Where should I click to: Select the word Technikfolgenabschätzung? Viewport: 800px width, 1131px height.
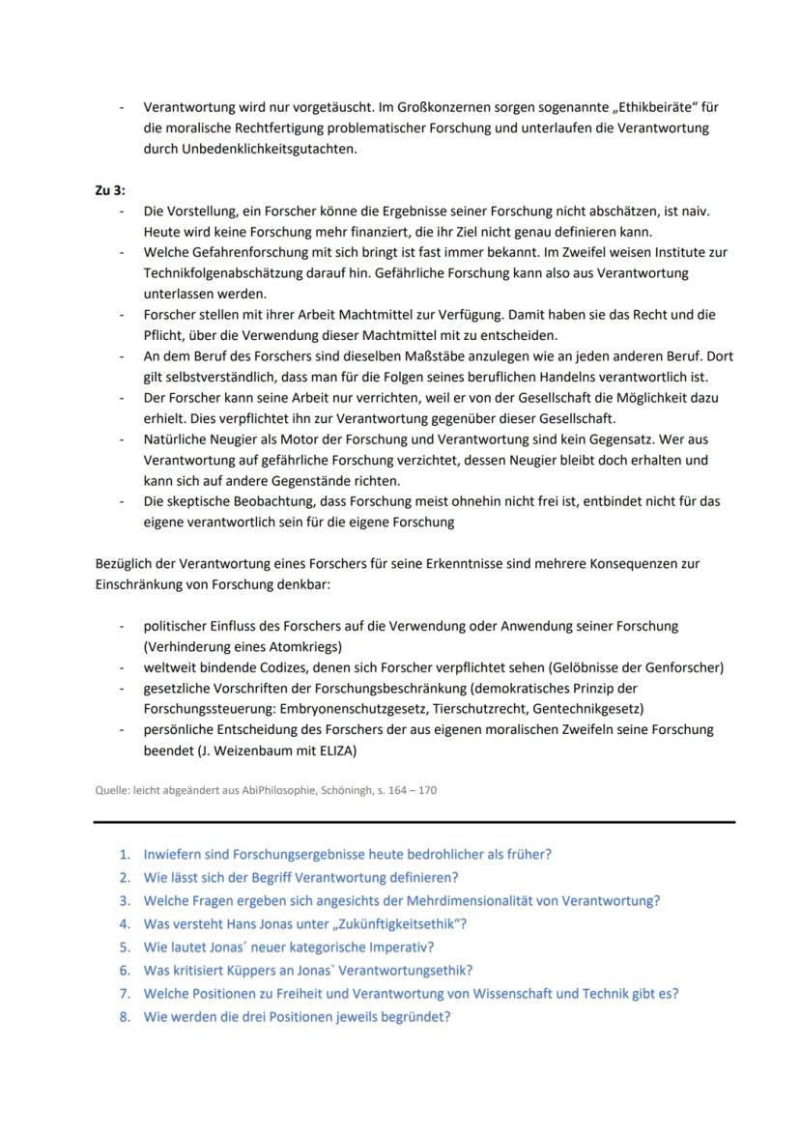pos(218,272)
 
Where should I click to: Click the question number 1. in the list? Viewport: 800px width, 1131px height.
pos(125,854)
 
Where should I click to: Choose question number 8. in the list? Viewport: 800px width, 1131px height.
pos(125,1016)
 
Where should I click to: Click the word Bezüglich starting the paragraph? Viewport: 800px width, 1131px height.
pos(123,562)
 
